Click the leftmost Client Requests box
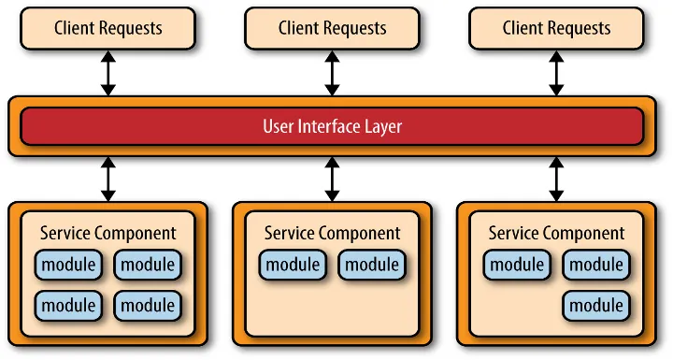click(107, 28)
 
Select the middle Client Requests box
click(332, 28)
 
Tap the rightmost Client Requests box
click(556, 28)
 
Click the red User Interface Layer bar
click(332, 126)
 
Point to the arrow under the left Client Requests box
click(107, 73)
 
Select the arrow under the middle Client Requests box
click(332, 73)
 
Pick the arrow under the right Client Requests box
click(556, 73)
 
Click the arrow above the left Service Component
click(107, 179)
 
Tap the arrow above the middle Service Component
click(332, 179)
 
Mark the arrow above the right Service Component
click(556, 179)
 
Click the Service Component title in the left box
click(107, 233)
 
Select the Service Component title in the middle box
click(332, 233)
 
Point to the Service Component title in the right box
click(556, 233)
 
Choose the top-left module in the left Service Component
click(68, 265)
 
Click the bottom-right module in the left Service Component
click(148, 305)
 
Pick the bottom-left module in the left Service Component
click(68, 305)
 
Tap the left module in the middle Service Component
click(293, 265)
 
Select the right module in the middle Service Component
click(372, 265)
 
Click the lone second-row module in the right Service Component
click(596, 305)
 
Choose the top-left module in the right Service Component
click(517, 265)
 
